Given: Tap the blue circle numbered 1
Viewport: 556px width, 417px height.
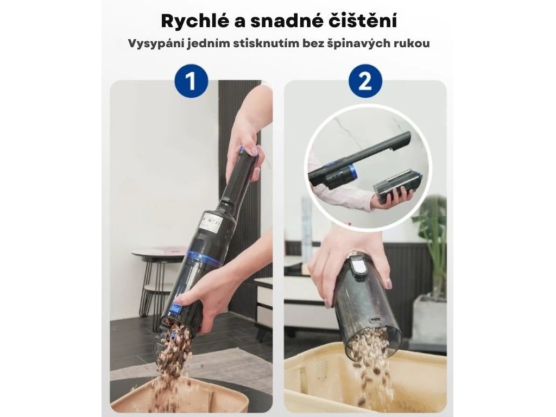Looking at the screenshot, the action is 191,81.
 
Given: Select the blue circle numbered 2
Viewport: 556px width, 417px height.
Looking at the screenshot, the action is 365,81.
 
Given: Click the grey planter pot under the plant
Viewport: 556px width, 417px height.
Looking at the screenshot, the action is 430,315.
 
